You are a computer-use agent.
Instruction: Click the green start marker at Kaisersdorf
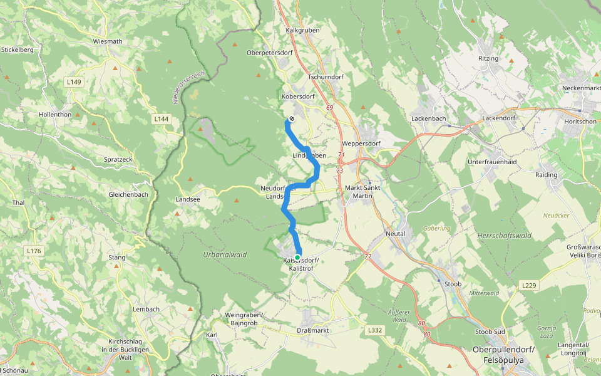(x=297, y=257)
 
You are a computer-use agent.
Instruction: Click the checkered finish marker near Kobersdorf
(x=292, y=119)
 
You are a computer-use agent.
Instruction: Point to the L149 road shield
(x=74, y=81)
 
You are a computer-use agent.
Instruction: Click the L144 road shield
(x=162, y=118)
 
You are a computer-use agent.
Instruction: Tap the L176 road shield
(x=34, y=251)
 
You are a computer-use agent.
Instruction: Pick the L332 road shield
(x=374, y=330)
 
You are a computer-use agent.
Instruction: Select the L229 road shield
(x=529, y=285)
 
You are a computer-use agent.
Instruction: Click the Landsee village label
(x=188, y=201)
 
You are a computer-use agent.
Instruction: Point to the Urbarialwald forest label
(x=225, y=254)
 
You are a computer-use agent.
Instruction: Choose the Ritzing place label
(x=488, y=58)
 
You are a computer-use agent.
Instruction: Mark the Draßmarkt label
(x=312, y=330)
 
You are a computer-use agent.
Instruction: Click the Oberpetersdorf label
(x=270, y=53)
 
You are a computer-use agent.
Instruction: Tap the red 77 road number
(x=368, y=256)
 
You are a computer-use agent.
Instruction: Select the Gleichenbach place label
(x=128, y=194)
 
